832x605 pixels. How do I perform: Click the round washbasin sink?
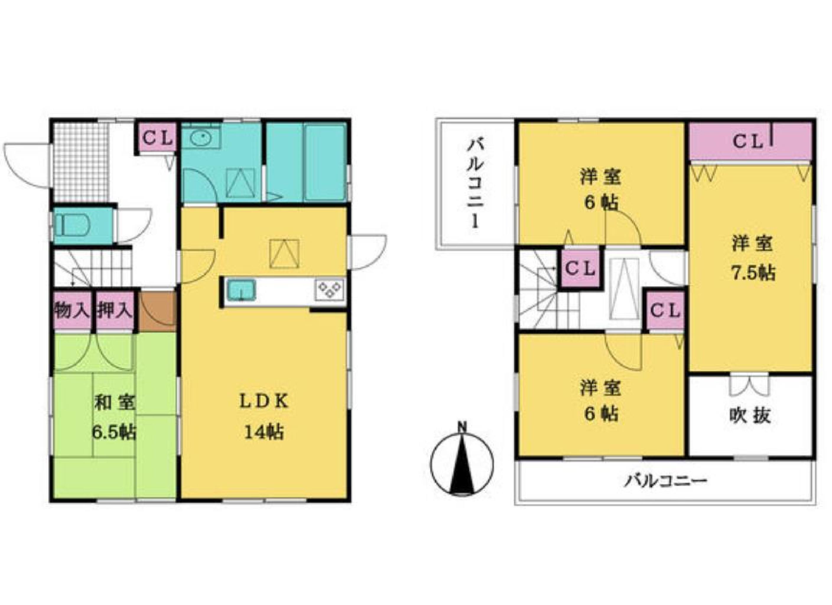point(200,139)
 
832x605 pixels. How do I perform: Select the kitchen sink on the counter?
point(241,289)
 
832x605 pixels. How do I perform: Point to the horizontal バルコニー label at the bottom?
point(664,480)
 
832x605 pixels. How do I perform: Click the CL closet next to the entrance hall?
point(157,138)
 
